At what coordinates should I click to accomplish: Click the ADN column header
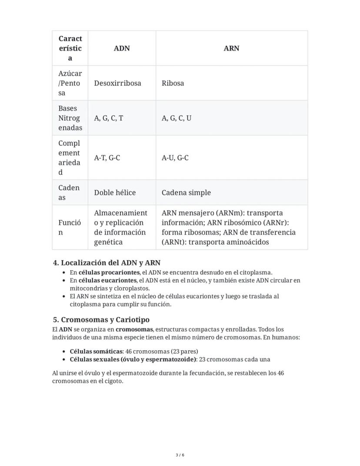click(x=122, y=48)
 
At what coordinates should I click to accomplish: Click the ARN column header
click(x=231, y=48)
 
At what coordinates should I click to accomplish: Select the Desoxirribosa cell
click(x=117, y=83)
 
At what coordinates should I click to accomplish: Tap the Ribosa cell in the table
click(x=173, y=83)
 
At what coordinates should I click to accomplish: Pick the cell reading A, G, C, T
click(x=109, y=118)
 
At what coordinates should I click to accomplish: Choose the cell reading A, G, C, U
click(x=176, y=118)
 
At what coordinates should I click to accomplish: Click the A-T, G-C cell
click(x=107, y=158)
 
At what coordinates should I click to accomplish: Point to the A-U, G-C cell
click(x=175, y=158)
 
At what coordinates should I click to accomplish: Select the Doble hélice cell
click(x=115, y=192)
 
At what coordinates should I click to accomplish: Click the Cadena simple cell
click(x=186, y=192)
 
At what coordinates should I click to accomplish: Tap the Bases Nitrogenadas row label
click(x=70, y=118)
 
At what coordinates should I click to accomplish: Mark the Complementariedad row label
click(x=70, y=158)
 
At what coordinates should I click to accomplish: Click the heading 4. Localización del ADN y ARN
click(x=107, y=263)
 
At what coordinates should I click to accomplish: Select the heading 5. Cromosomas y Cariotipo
click(x=101, y=320)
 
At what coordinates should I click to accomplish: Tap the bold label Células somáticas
click(x=96, y=351)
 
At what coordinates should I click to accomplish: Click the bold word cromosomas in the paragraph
click(x=134, y=329)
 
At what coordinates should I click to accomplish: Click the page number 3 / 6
click(x=180, y=455)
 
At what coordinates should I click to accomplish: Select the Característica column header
click(x=70, y=48)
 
